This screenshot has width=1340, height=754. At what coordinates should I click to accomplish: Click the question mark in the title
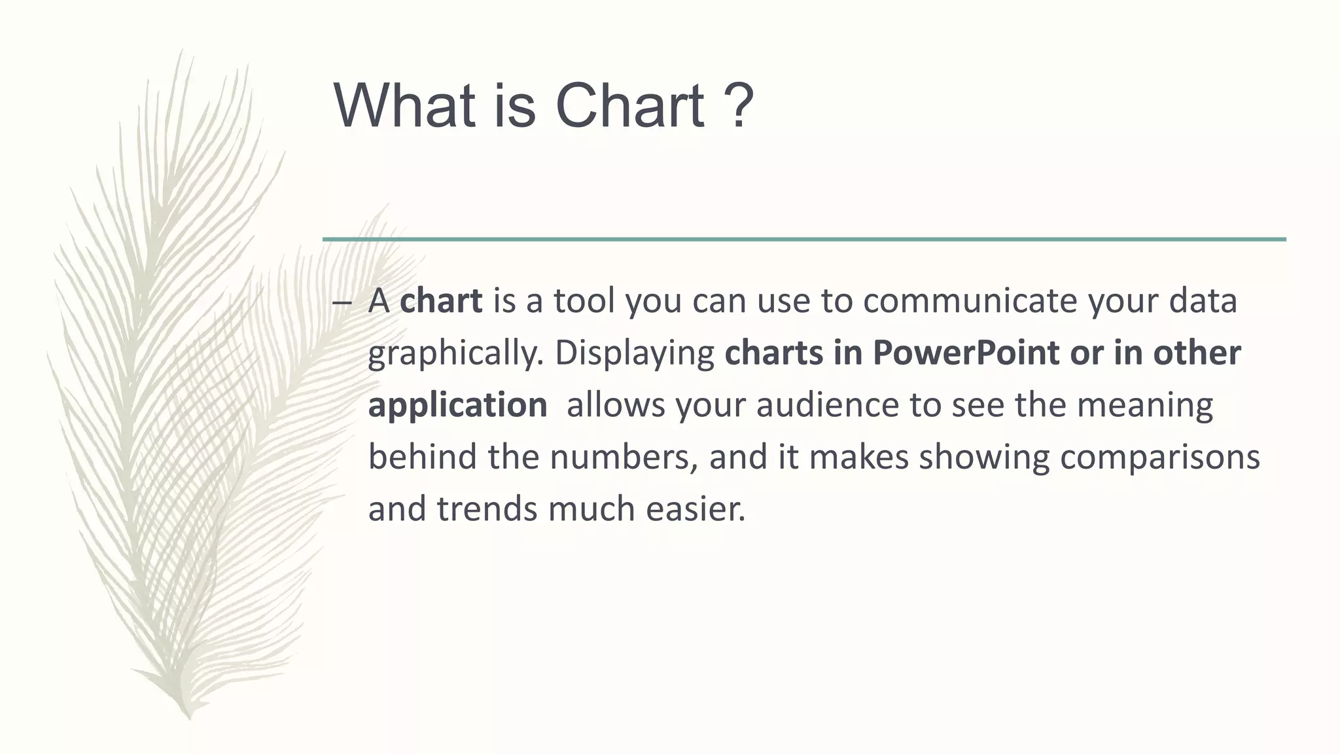point(739,106)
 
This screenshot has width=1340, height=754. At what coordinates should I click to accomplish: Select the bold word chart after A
point(441,301)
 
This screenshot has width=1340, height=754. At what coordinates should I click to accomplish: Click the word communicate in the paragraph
point(968,301)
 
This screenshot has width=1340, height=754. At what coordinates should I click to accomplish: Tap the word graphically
point(455,354)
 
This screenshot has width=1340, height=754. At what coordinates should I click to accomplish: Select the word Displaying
point(634,354)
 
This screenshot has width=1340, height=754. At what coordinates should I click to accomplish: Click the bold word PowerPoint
point(966,353)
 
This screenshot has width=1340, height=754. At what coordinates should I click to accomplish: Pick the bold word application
point(457,406)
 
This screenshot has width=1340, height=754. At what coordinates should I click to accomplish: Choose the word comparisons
point(1159,458)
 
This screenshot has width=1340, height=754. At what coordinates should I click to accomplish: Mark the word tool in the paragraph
point(584,301)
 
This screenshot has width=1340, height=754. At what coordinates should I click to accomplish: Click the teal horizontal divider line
point(804,240)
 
